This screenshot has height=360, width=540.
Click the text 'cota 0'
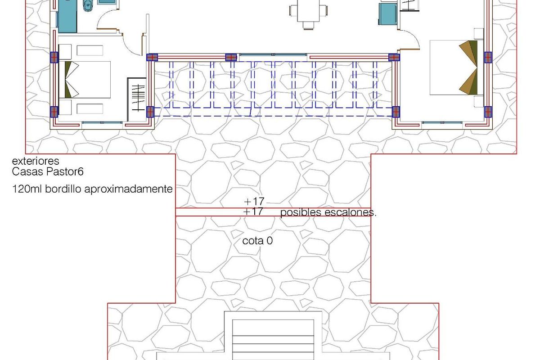click(257, 241)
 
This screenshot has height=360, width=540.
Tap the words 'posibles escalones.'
click(328, 213)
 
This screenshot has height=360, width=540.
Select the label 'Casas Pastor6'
click(48, 171)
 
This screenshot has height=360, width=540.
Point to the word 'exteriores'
click(36, 161)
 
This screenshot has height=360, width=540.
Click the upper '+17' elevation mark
click(253, 201)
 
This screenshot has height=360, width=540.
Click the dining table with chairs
click(308, 11)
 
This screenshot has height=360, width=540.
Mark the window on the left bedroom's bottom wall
click(102, 122)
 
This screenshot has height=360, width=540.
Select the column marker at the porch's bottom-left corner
click(150, 111)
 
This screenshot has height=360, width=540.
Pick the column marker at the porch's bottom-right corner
click(396, 111)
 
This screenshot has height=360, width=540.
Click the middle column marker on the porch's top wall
click(231, 57)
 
